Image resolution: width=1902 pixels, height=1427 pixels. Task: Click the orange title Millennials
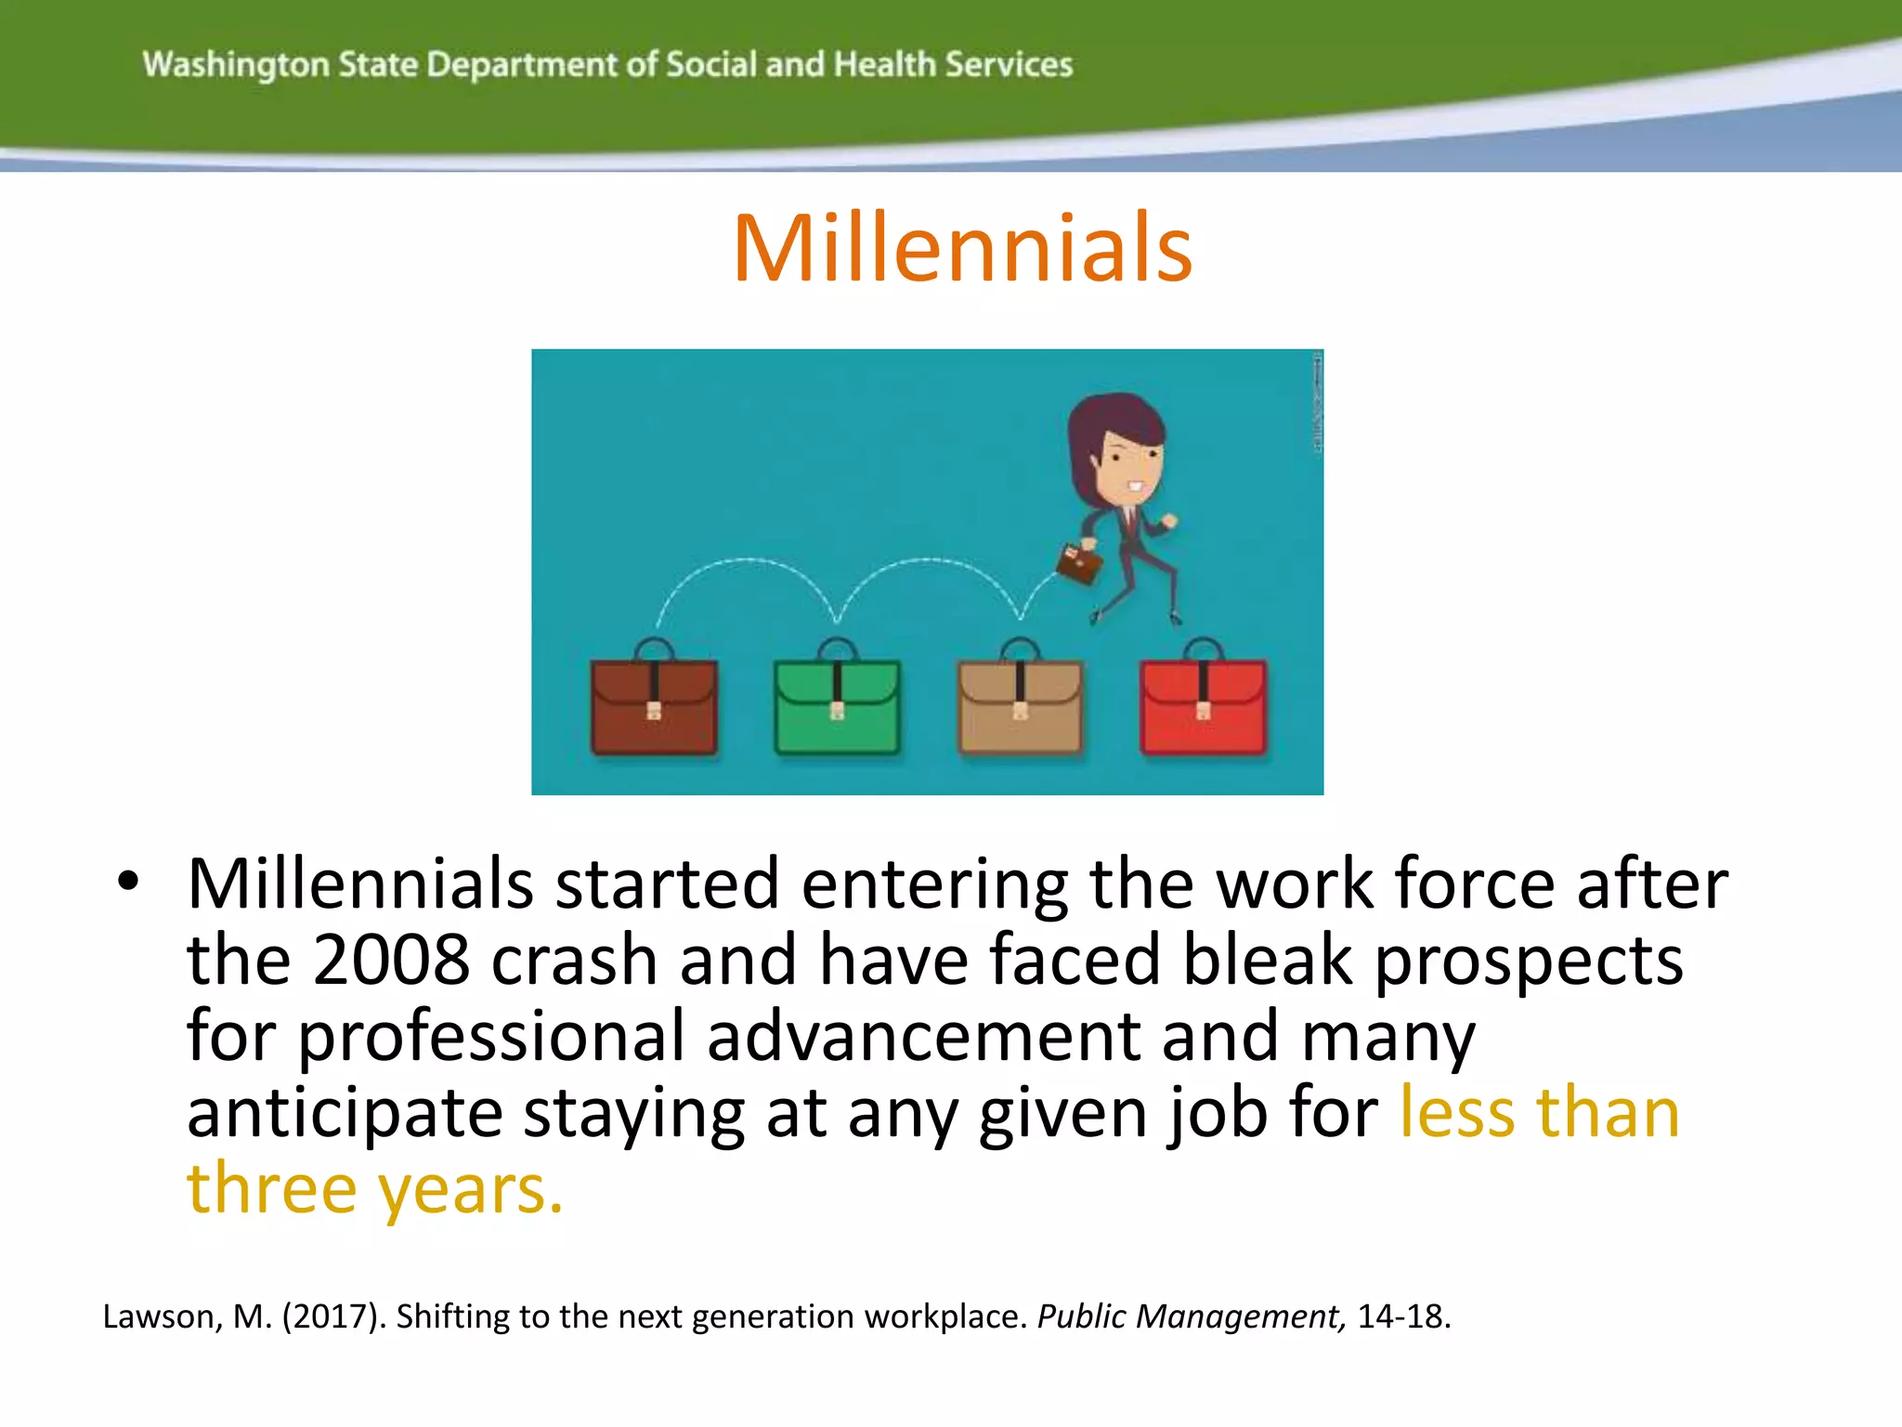[x=962, y=248]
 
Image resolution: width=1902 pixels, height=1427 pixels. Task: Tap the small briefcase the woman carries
[x=1079, y=562]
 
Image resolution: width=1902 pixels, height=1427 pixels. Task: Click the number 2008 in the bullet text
[x=391, y=960]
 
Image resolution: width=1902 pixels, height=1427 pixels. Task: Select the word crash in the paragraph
[x=574, y=960]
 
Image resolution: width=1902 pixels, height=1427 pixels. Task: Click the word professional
[x=490, y=1037]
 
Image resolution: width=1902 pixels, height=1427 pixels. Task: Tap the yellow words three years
[x=374, y=1189]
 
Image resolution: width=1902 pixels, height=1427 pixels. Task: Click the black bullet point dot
[x=128, y=883]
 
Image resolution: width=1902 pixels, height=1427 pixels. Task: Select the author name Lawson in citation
[x=158, y=1317]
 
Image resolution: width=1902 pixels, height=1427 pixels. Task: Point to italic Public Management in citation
[x=1190, y=1317]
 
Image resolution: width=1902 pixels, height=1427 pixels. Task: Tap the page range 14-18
[x=1402, y=1317]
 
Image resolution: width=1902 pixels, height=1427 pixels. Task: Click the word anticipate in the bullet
[x=344, y=1114]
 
